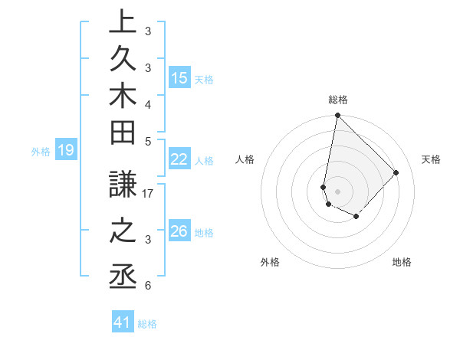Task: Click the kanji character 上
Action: (123, 23)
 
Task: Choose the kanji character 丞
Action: (123, 277)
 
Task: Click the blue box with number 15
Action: (179, 78)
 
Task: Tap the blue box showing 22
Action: (179, 159)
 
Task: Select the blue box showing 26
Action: (179, 231)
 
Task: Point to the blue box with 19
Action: (66, 150)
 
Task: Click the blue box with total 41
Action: (123, 322)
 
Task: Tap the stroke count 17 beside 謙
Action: (149, 194)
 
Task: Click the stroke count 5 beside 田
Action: (148, 141)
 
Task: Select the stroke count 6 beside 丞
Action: (147, 286)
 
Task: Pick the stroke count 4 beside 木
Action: (147, 104)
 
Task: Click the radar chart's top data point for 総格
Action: (337, 116)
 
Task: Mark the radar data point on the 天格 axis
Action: (396, 172)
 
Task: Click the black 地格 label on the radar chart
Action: (402, 262)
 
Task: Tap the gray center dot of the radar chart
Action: (337, 191)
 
